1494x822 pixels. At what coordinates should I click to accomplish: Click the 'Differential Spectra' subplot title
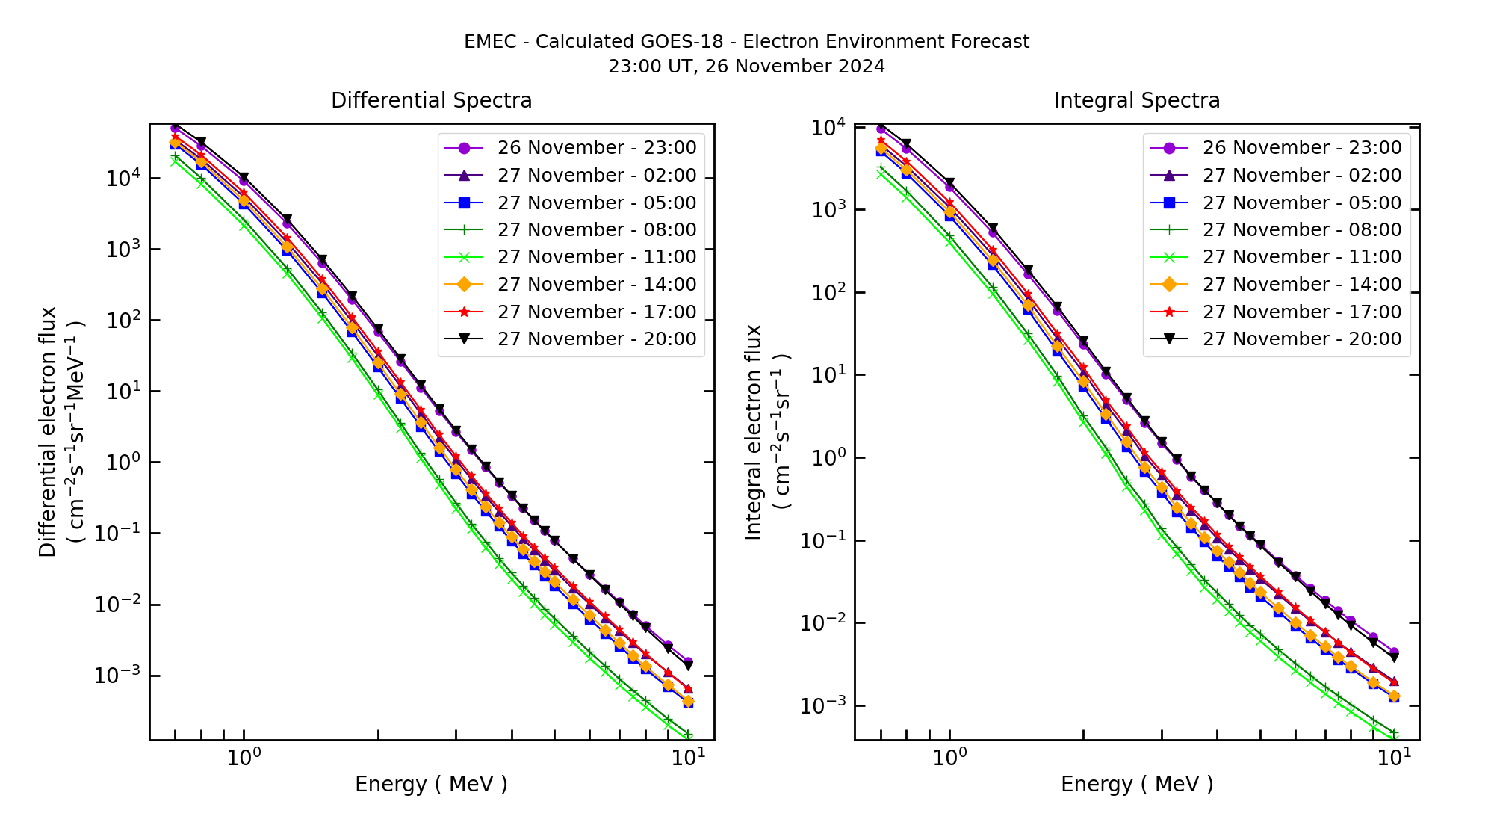431,101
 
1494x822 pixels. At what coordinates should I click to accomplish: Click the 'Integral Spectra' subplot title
1136,101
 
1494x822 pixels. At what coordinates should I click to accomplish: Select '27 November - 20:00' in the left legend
596,339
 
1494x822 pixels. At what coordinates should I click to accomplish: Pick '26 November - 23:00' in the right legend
1301,148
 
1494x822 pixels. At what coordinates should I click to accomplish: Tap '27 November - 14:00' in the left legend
596,285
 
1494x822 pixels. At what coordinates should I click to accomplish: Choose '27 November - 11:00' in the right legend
1301,257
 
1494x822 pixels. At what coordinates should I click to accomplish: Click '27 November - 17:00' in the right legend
1301,312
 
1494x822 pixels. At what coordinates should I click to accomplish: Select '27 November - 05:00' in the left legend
596,203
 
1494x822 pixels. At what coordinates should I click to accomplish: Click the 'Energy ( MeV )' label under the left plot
431,785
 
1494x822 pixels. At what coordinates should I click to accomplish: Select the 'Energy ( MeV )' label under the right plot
1136,785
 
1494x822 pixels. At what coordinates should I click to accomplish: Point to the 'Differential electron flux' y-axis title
48,432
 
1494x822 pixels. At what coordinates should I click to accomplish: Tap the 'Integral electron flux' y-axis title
753,432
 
